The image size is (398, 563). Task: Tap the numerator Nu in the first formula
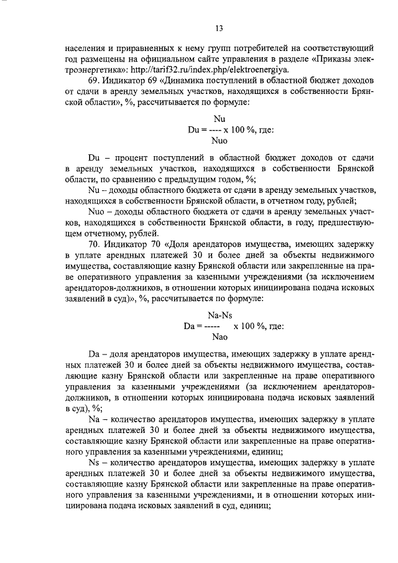[219, 119]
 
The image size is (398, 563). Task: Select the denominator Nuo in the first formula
[219, 141]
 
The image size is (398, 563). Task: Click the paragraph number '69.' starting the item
[96, 81]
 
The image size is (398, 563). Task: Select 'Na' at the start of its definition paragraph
[95, 420]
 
